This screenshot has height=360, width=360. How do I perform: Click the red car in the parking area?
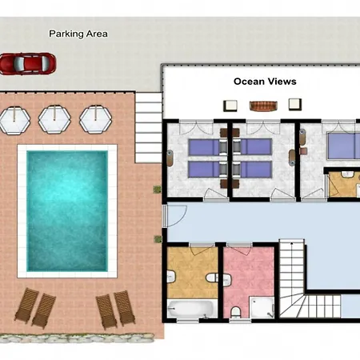click(x=28, y=63)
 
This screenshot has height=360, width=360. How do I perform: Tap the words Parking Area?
click(x=78, y=34)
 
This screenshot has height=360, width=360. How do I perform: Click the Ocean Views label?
click(x=265, y=82)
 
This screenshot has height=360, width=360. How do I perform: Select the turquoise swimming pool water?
click(x=67, y=211)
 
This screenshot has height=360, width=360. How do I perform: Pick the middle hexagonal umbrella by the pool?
click(x=54, y=119)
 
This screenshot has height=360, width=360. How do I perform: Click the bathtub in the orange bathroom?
click(x=193, y=309)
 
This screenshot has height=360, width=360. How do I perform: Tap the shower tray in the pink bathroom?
click(x=262, y=307)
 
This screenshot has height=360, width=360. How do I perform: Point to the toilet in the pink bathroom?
click(x=235, y=312)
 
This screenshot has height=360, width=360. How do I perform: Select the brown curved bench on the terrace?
click(x=263, y=106)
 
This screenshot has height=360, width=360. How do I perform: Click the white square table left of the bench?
click(x=230, y=106)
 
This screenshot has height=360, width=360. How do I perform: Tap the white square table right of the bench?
click(x=295, y=104)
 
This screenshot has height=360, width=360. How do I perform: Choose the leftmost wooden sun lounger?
click(x=26, y=306)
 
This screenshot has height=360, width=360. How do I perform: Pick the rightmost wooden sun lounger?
click(x=125, y=308)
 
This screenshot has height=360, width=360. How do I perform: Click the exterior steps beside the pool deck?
click(x=149, y=127)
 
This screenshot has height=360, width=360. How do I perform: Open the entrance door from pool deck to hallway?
click(x=174, y=216)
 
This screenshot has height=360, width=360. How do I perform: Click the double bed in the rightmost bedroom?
click(x=344, y=146)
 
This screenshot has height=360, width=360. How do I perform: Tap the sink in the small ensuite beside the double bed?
click(x=347, y=174)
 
